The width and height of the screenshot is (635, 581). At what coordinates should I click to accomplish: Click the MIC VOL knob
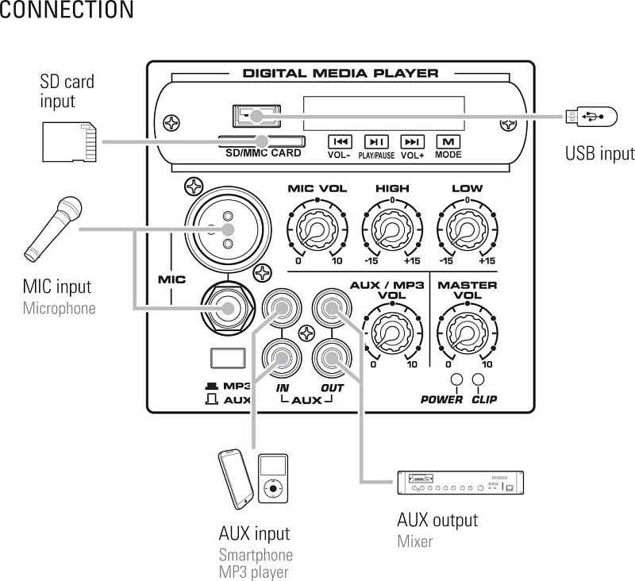pos(317,229)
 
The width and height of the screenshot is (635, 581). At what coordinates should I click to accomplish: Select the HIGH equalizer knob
pos(392,229)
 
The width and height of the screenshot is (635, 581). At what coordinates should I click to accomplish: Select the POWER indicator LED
pos(456,380)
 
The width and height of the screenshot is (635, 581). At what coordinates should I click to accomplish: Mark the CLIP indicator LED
pos(479,380)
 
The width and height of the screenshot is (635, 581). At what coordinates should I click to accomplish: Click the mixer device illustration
pos(460,483)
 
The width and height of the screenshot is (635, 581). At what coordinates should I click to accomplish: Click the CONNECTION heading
pos(67,10)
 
